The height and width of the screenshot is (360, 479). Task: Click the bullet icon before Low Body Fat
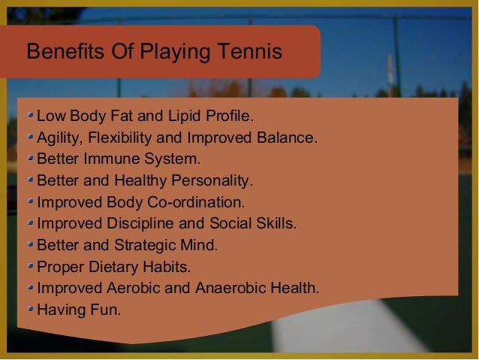click(x=29, y=117)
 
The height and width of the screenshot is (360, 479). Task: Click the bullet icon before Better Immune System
click(x=29, y=159)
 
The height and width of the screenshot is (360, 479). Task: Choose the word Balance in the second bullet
click(x=291, y=138)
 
